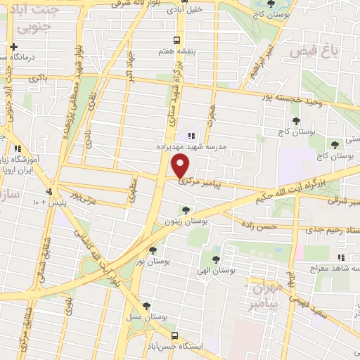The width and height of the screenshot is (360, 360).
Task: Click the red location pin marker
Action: click(181, 167)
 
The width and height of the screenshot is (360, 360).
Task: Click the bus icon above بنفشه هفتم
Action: click(179, 40)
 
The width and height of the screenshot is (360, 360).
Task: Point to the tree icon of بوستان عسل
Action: click(146, 305)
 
